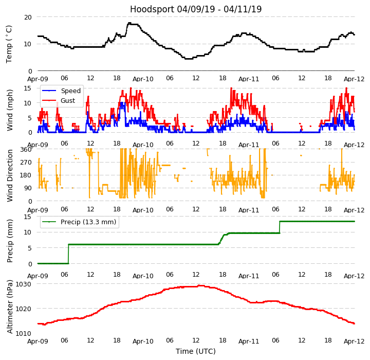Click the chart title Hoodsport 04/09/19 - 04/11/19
(x=196, y=9)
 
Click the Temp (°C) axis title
(x=10, y=44)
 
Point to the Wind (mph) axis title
(x=10, y=110)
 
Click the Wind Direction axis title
(x=10, y=175)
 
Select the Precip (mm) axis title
(x=10, y=240)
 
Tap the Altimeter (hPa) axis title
(x=10, y=307)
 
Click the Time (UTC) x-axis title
(x=196, y=352)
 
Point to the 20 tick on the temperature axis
(x=28, y=17)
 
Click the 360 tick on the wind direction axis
(x=26, y=149)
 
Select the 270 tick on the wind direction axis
(x=26, y=162)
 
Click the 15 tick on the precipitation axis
(x=28, y=217)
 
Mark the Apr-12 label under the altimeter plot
(x=354, y=341)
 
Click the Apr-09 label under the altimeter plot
(x=38, y=341)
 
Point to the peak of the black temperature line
(x=129, y=23)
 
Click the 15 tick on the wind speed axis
(x=28, y=88)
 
